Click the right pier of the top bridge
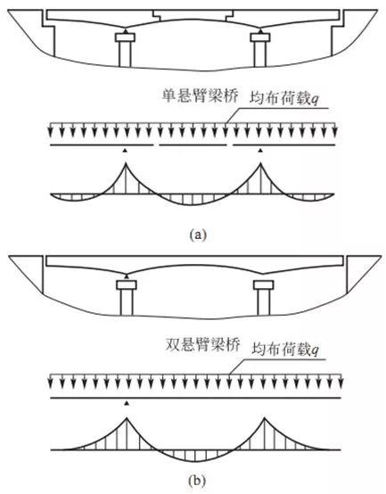coord(261,50)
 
